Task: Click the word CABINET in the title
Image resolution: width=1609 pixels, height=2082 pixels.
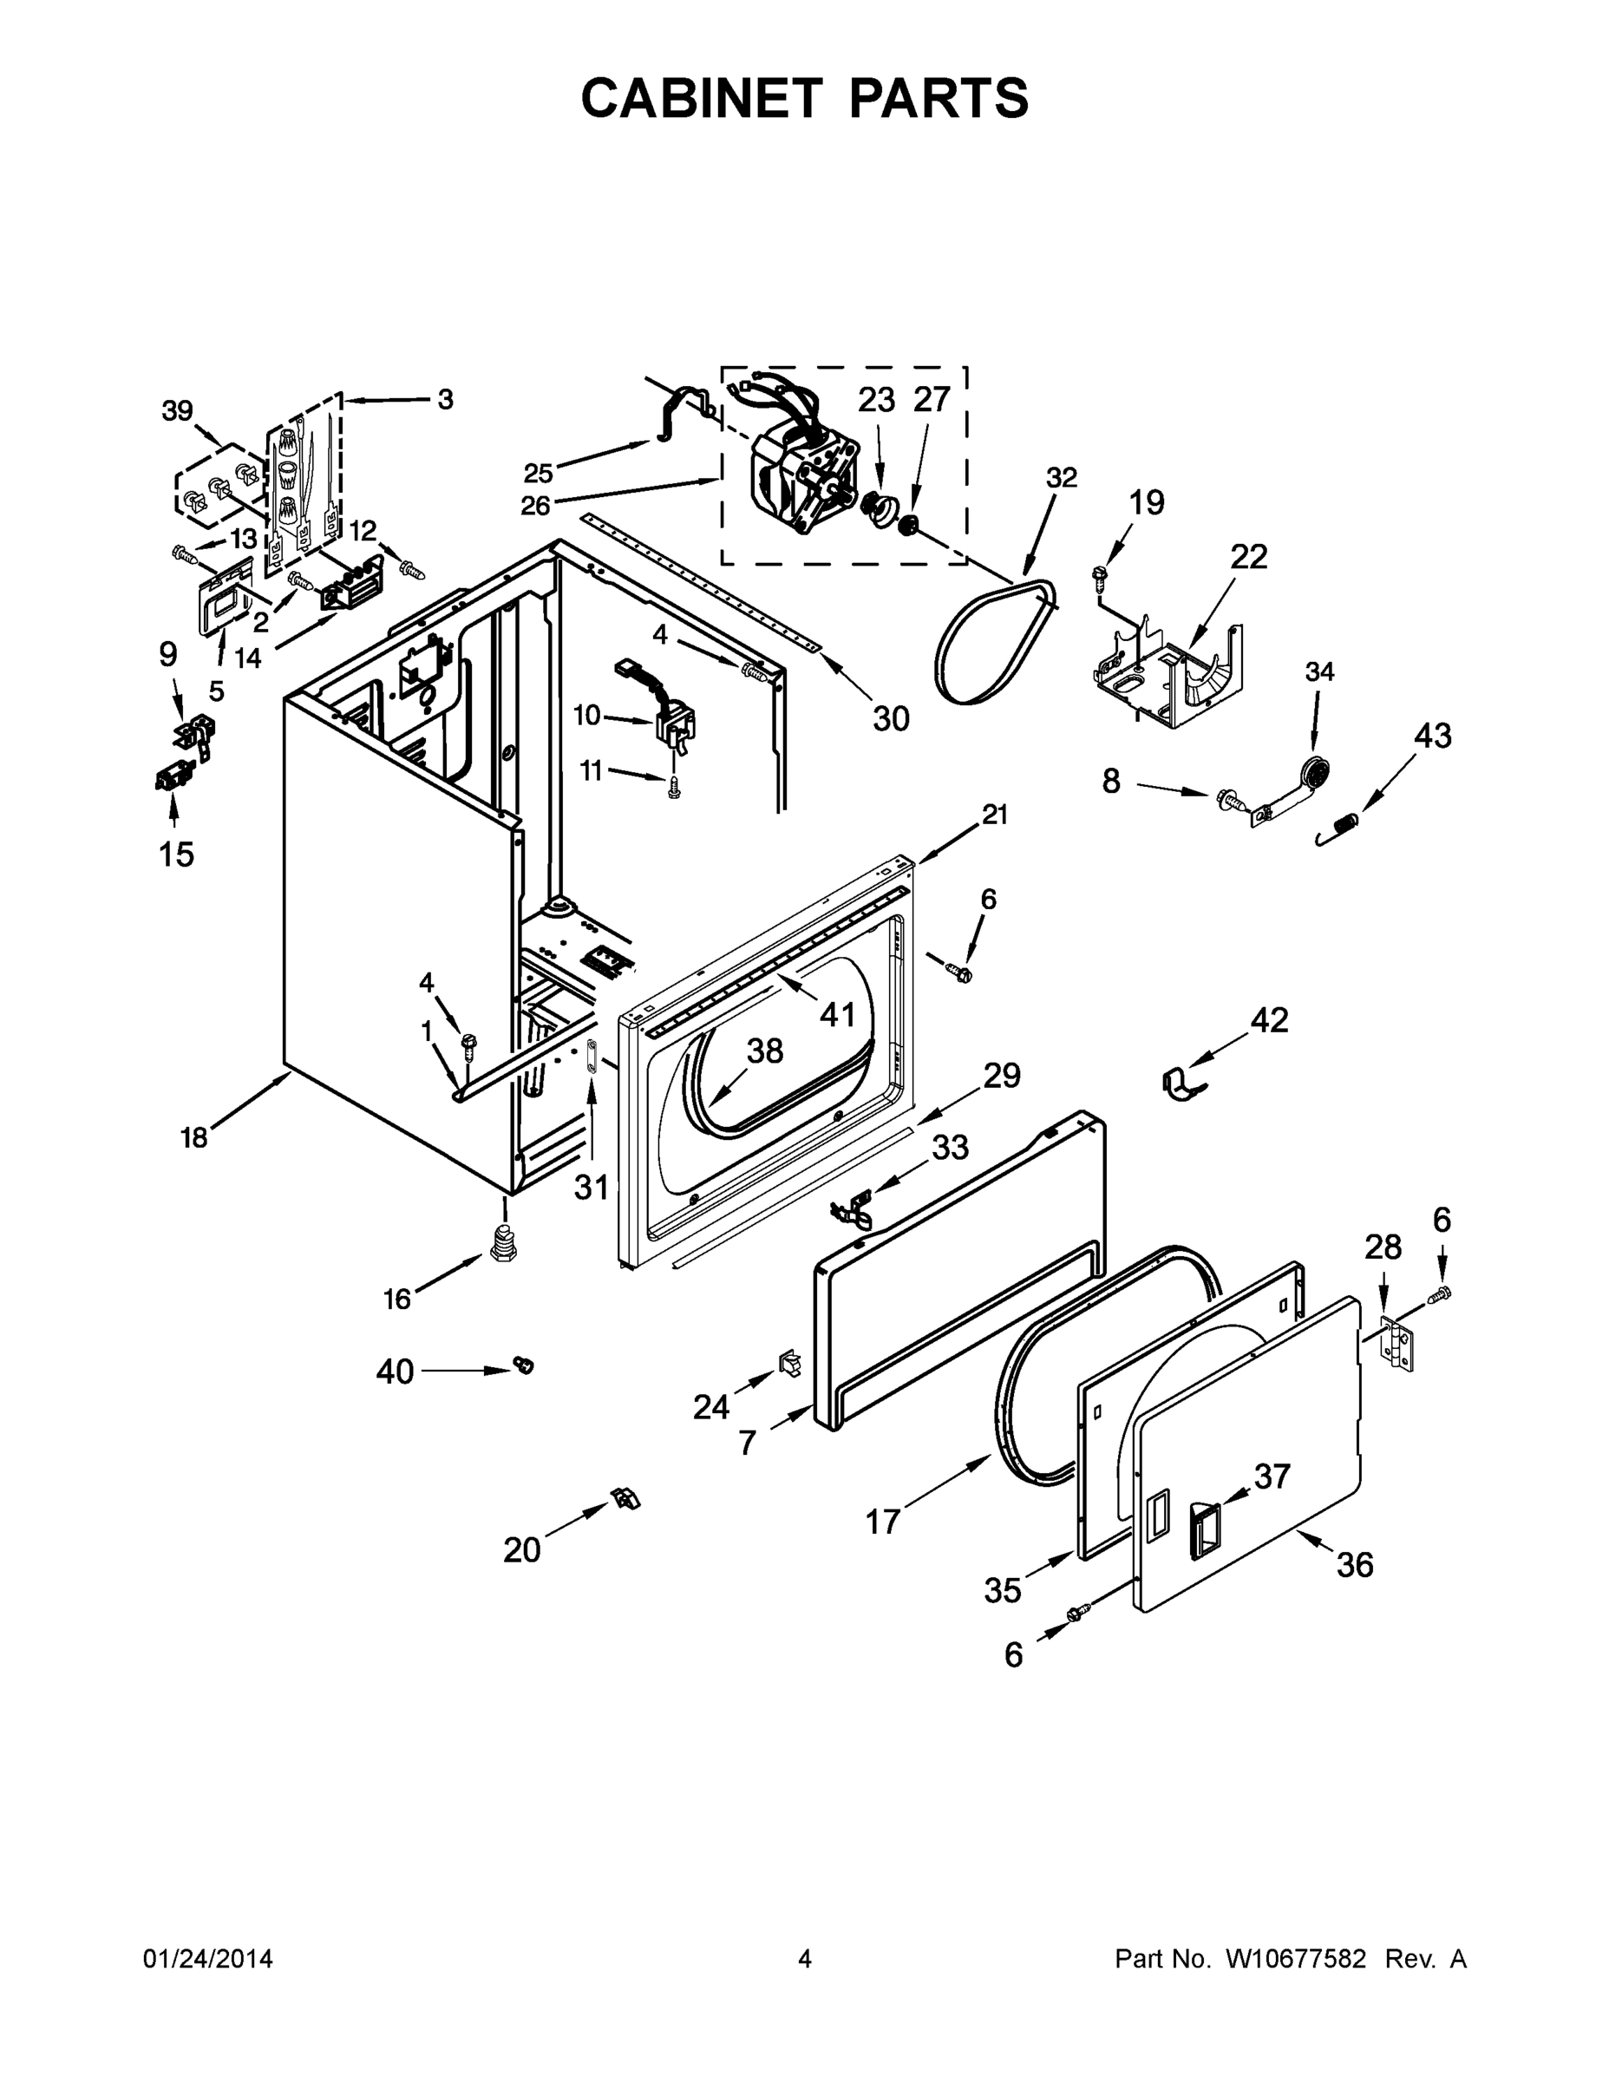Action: [701, 98]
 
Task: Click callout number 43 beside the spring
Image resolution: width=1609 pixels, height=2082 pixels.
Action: [1432, 735]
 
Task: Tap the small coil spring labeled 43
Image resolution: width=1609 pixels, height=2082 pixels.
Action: [1338, 826]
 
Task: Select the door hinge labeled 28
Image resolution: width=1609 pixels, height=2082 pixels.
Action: [1396, 1344]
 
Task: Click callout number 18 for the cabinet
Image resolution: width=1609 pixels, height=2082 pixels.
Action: [193, 1137]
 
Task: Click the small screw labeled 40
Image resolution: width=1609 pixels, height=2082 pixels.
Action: [522, 1365]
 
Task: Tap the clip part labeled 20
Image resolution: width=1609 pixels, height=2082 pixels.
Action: [625, 1498]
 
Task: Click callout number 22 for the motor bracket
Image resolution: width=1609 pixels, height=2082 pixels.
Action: [1248, 557]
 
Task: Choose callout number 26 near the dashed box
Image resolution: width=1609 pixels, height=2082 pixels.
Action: [535, 505]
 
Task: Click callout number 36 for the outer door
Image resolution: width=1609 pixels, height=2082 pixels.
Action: [1355, 1564]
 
